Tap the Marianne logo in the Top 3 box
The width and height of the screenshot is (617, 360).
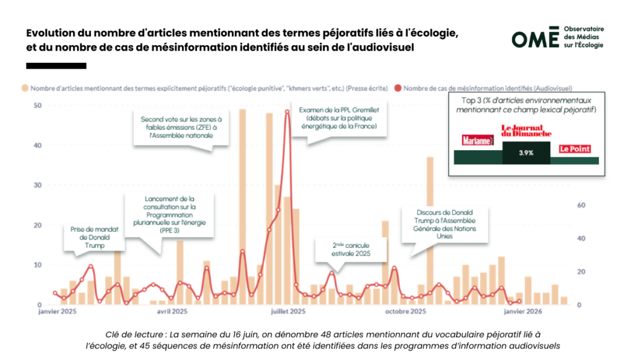pos(477,140)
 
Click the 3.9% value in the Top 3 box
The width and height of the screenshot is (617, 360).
pos(526,153)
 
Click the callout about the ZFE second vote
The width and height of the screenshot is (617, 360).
pos(173,128)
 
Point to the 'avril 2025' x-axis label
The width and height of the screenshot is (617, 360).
pos(172,312)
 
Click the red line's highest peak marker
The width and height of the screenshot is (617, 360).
pos(287,112)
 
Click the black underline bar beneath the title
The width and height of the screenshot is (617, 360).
pos(56,66)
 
